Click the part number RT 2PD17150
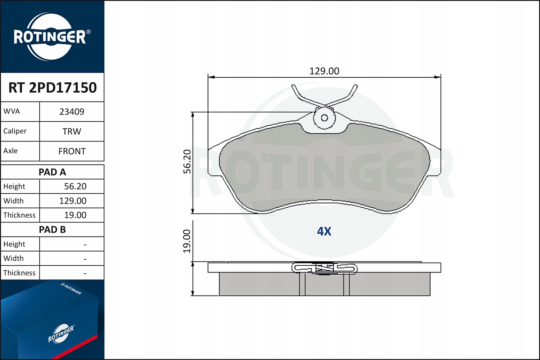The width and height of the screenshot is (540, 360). point(53,87)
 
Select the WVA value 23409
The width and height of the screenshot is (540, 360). point(72,112)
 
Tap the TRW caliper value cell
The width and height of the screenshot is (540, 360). point(72,131)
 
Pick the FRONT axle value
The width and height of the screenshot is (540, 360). point(72,151)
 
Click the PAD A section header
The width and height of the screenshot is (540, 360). point(52,172)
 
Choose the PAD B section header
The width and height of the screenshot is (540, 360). point(52,230)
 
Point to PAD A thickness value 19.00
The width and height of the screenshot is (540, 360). point(75,215)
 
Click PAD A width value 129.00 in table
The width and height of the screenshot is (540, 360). point(73,201)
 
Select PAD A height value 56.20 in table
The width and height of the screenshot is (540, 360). point(75,186)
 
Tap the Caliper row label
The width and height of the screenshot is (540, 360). point(15,131)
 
